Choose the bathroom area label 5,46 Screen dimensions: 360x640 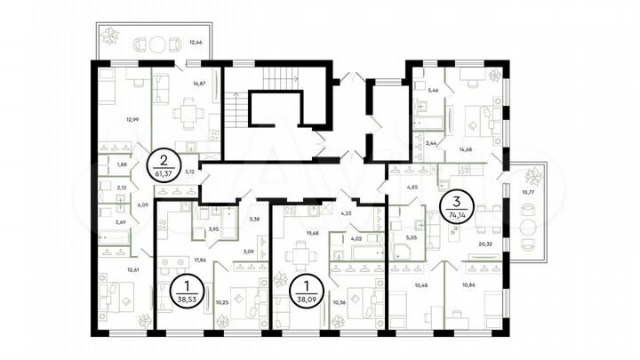click(435, 91)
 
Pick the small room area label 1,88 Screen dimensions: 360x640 click(122, 164)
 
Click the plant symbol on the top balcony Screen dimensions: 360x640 click(111, 36)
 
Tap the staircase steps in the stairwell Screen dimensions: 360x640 click(235, 111)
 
